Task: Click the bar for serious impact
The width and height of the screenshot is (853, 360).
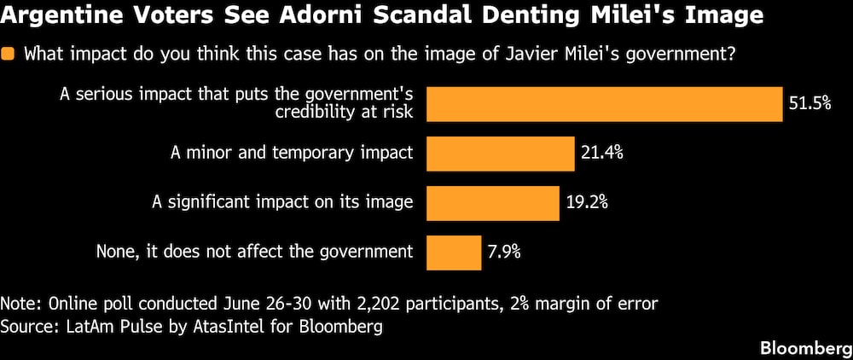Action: coord(605,104)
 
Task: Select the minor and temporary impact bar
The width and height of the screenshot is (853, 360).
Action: coord(501,154)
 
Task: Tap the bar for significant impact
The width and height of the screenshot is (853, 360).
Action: coord(493,203)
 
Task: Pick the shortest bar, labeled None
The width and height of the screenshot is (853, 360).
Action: coord(455,253)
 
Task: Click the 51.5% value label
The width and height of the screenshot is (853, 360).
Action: coord(810,104)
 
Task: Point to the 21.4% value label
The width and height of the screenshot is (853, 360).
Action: coord(602,154)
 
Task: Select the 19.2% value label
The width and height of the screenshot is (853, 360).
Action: coord(587,203)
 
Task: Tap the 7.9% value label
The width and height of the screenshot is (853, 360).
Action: coord(505,253)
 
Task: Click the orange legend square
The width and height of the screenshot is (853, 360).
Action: coord(9,55)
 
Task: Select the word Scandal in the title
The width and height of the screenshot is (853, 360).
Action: coord(437,17)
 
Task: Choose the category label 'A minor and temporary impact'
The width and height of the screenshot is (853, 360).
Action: coord(292,154)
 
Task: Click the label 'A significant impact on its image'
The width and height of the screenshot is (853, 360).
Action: coord(282,203)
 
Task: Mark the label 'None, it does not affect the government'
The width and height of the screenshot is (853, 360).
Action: coord(254,253)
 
